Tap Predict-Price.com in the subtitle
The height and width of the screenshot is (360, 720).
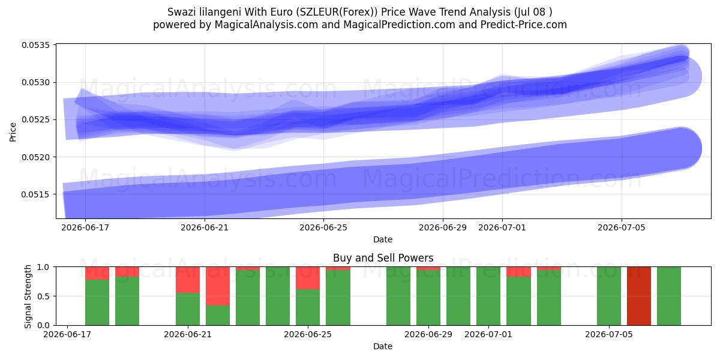524,25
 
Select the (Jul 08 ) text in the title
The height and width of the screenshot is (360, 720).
533,12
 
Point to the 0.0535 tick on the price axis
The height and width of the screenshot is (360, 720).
35,45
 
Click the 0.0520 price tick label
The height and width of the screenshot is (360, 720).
35,157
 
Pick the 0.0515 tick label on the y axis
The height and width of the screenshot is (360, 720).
35,194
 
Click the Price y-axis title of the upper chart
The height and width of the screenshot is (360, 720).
13,132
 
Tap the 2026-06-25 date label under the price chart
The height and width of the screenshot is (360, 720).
323,227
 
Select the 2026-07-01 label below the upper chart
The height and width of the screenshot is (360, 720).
502,227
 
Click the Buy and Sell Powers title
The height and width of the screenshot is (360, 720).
383,258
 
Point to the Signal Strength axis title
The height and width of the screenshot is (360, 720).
28,296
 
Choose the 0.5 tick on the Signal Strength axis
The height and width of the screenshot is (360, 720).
43,296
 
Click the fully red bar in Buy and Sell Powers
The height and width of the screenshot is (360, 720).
639,296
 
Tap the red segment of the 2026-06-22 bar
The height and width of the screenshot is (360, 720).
218,286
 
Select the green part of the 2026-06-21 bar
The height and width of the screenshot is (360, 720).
188,309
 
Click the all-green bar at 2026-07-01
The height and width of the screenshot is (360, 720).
488,296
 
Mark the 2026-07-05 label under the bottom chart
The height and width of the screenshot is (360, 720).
609,334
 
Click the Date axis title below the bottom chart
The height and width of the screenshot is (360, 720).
383,346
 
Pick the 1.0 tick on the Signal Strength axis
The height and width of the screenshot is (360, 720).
43,267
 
